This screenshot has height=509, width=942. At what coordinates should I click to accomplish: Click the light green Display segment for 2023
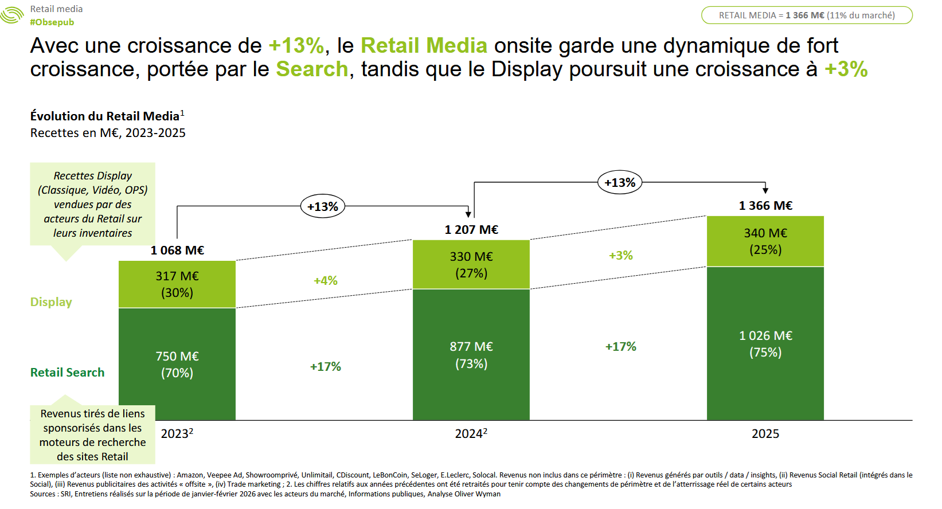[177, 284]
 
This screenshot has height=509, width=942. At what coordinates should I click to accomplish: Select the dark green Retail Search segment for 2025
[765, 343]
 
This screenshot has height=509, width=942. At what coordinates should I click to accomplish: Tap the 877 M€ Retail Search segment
[471, 355]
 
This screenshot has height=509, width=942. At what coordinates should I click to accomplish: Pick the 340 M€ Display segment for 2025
[765, 241]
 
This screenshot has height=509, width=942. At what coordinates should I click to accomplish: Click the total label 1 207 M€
[471, 230]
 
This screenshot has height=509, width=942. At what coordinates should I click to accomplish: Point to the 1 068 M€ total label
[177, 250]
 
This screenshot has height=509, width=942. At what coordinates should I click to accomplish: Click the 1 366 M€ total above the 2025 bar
[765, 206]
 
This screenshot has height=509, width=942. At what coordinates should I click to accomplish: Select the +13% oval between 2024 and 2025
[620, 183]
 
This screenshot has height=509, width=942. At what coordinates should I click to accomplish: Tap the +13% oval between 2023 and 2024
[323, 206]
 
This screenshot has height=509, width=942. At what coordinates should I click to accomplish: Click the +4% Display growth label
[326, 281]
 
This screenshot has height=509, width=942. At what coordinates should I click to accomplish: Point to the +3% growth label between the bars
[621, 256]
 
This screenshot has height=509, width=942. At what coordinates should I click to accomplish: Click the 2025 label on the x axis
[765, 434]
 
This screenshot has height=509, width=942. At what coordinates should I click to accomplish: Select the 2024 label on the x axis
[471, 434]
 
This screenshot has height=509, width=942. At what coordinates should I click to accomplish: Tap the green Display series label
[51, 302]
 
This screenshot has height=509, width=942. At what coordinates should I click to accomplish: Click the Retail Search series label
[67, 373]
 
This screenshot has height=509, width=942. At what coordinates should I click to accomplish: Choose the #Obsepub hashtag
[52, 22]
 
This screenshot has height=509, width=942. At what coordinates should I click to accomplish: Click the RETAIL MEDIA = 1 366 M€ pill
[807, 15]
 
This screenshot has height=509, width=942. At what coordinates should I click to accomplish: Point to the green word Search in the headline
[312, 69]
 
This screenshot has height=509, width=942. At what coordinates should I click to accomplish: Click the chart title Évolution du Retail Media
[105, 116]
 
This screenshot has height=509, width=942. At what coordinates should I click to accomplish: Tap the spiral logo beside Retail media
[11, 15]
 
